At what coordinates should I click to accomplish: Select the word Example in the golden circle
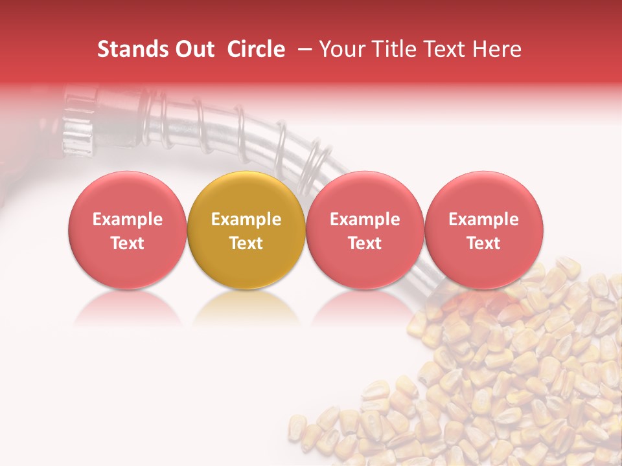(x=246, y=219)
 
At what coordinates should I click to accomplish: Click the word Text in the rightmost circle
(x=483, y=243)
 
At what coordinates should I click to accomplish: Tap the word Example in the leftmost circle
(x=127, y=219)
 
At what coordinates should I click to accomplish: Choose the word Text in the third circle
(x=365, y=243)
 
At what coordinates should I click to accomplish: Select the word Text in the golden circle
(x=246, y=243)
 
